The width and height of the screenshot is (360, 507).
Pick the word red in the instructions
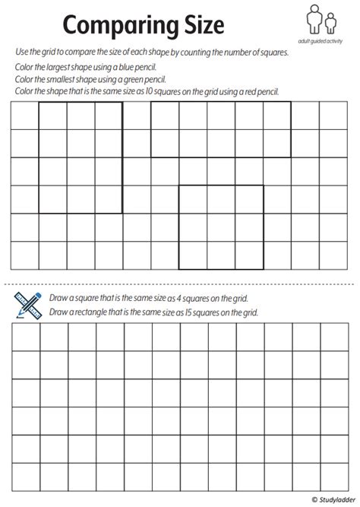pyautogui.click(x=257, y=91)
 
